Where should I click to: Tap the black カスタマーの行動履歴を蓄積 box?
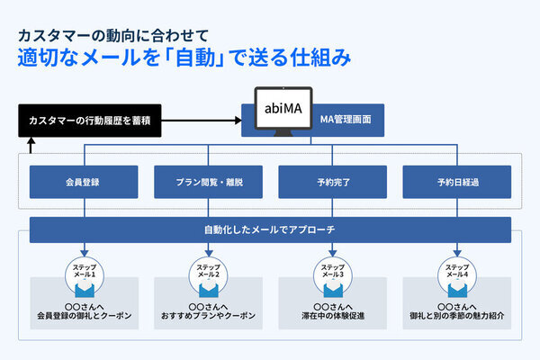tap(89, 120)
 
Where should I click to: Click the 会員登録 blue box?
tap(84, 182)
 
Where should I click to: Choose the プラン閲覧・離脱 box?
tap(209, 182)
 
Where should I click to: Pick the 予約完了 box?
tap(332, 182)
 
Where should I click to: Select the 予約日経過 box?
tap(456, 182)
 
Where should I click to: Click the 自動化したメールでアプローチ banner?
tap(270, 229)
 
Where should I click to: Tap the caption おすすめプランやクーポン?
tap(209, 317)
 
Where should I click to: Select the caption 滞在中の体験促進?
tap(332, 317)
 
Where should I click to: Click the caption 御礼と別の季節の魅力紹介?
tap(456, 317)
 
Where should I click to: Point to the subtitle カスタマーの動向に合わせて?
tap(112, 35)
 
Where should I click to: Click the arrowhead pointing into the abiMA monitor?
tap(240, 119)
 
